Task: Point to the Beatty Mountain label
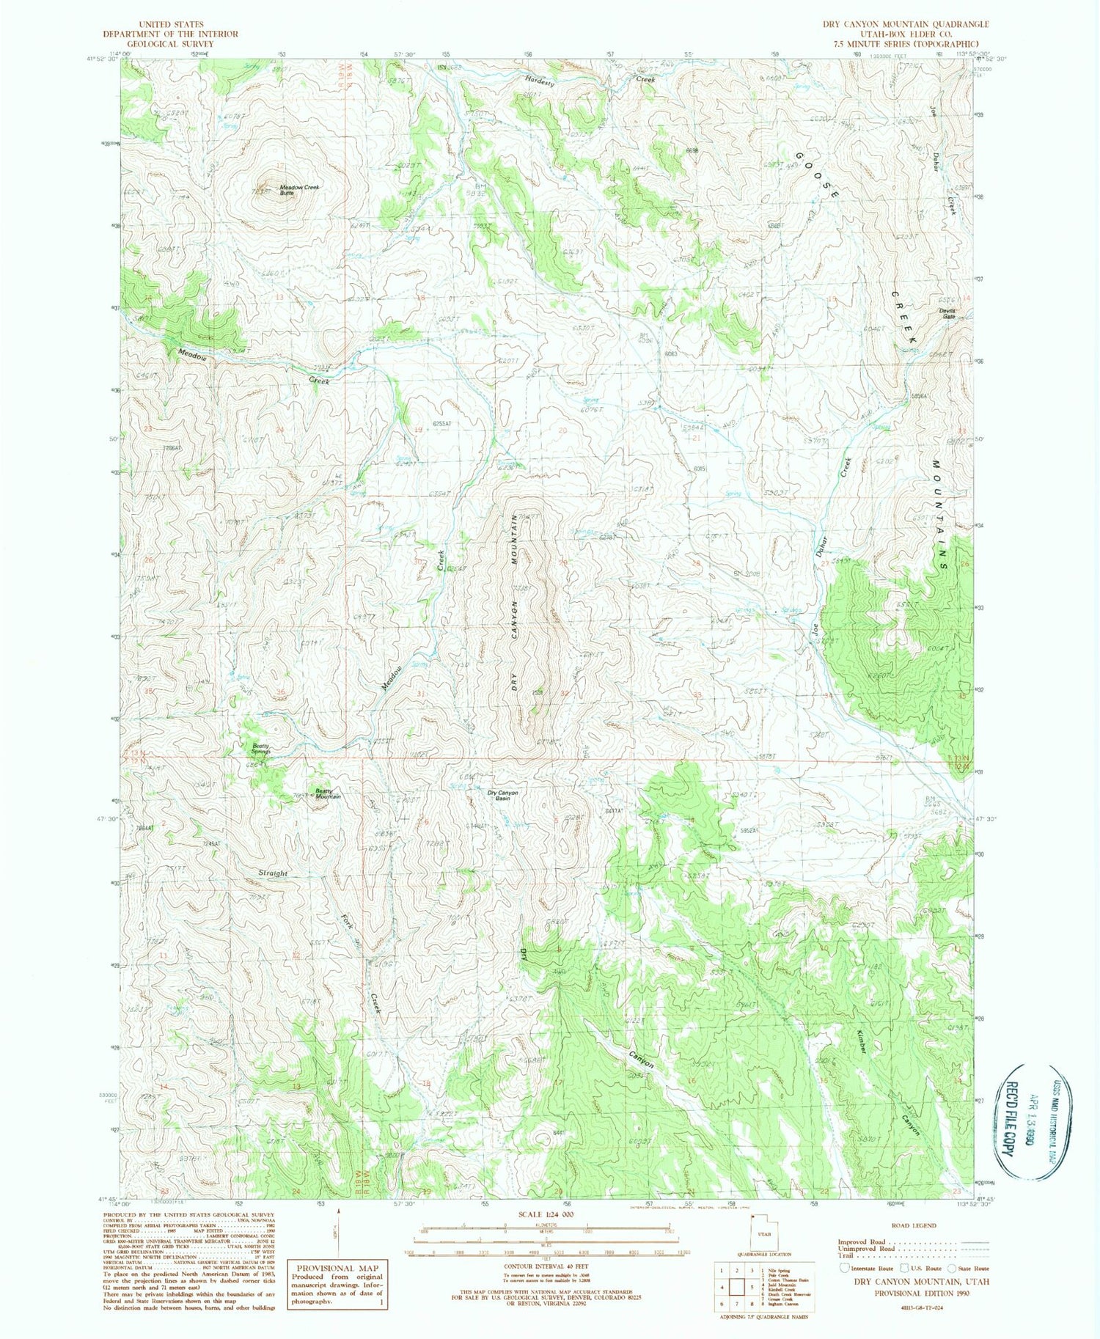[328, 793]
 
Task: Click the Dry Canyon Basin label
[503, 795]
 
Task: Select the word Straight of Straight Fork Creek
[273, 873]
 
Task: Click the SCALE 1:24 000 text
[546, 1214]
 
